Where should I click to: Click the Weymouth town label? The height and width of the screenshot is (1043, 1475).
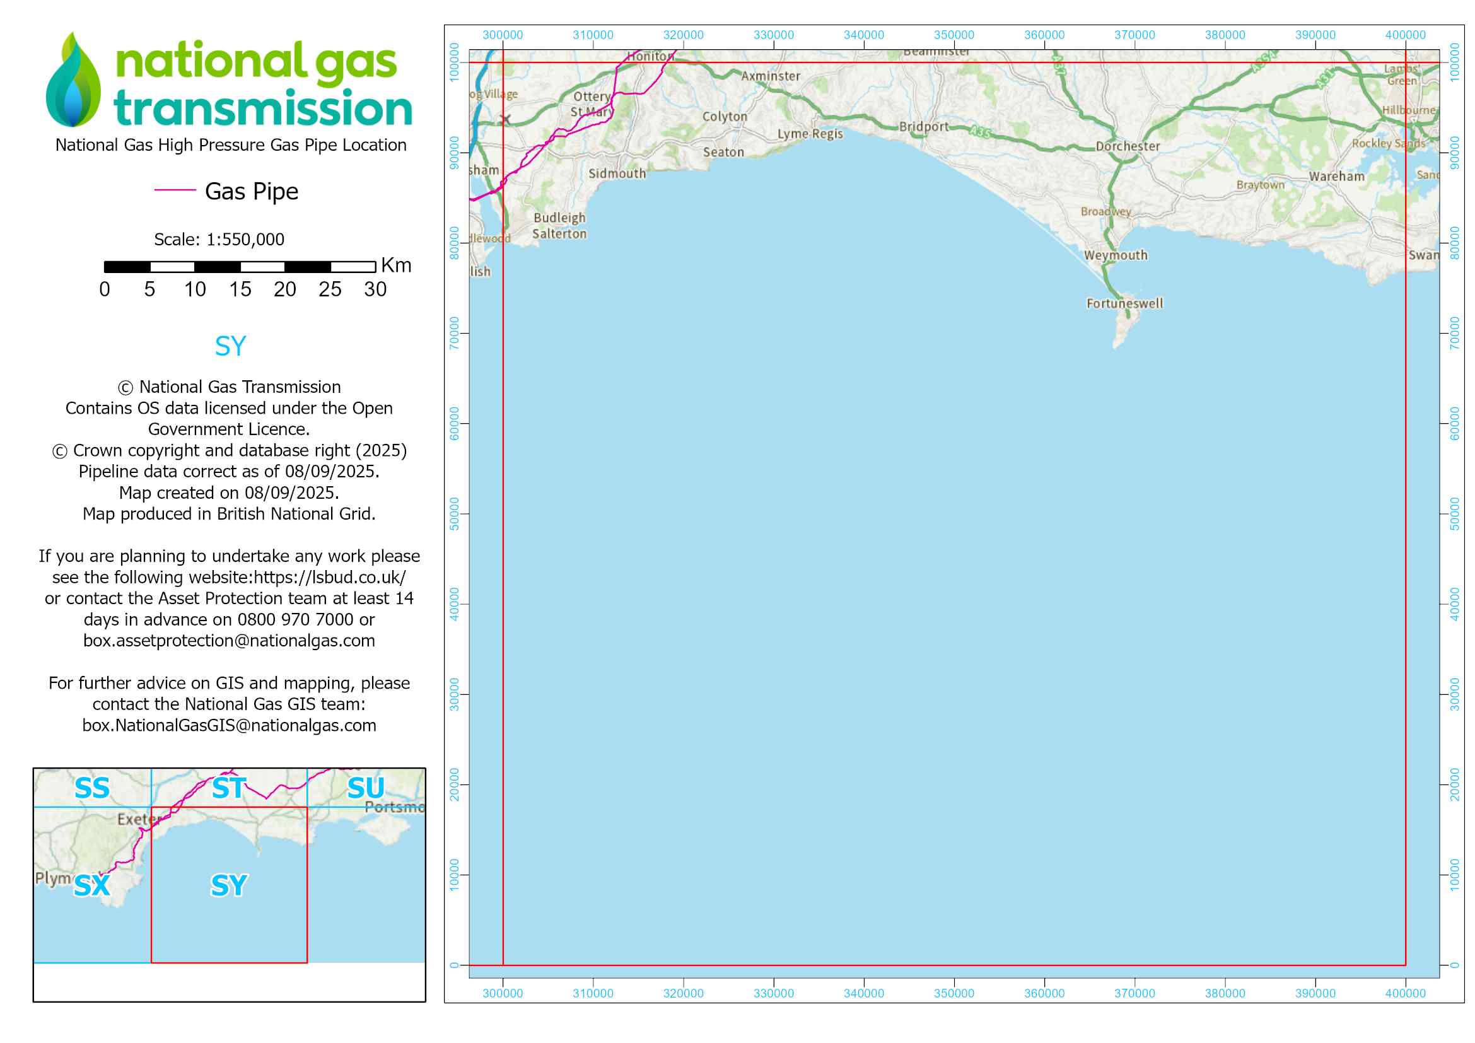point(1116,255)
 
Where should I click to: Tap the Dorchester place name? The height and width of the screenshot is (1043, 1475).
point(1128,146)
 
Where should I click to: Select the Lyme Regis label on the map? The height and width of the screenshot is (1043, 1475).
point(810,134)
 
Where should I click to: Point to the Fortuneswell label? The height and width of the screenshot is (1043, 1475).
point(1124,303)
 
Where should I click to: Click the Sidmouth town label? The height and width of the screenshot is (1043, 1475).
point(617,173)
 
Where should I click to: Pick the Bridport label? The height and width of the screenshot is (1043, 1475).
point(923,127)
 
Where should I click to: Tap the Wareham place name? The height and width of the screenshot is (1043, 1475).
point(1336,177)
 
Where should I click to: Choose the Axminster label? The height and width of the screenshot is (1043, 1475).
point(770,76)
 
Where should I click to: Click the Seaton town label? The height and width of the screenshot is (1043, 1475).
point(723,152)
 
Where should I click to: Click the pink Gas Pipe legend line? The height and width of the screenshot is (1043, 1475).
point(175,190)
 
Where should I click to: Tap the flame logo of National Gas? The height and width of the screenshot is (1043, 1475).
point(73,80)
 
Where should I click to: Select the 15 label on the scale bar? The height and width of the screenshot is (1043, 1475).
point(240,289)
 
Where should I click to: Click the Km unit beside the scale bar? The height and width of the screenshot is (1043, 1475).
point(396,265)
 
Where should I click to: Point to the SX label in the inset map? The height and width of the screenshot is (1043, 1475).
point(92,885)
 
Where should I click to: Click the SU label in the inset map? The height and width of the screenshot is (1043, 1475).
point(366,788)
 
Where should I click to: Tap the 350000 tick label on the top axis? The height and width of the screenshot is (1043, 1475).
point(953,35)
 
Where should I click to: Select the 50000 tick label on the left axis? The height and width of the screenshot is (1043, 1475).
point(455,514)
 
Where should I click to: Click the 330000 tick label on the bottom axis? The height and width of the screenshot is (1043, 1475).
point(774,993)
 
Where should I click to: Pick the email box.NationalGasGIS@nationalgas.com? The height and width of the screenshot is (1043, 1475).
point(230,725)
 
